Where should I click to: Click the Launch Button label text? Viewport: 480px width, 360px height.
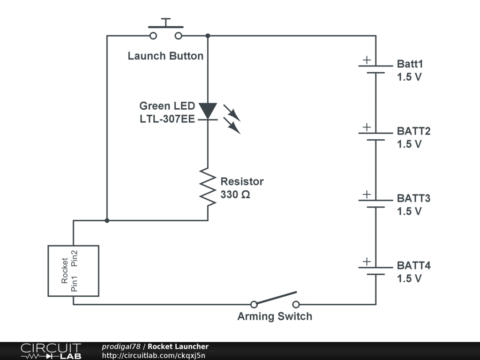pyautogui.click(x=165, y=56)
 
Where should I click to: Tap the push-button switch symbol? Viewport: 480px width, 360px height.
pyautogui.click(x=165, y=29)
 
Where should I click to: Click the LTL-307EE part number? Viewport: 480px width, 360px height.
pyautogui.click(x=167, y=119)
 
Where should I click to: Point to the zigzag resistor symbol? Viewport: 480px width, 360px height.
pyautogui.click(x=208, y=187)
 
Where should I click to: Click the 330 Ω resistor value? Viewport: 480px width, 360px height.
pyautogui.click(x=235, y=195)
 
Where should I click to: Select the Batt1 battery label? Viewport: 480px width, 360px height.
pyautogui.click(x=410, y=64)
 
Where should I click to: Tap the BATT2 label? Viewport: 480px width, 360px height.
pyautogui.click(x=413, y=131)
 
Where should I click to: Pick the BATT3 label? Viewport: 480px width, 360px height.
pyautogui.click(x=413, y=198)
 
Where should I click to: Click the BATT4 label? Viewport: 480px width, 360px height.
pyautogui.click(x=413, y=265)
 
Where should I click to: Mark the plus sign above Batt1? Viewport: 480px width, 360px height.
pyautogui.click(x=367, y=60)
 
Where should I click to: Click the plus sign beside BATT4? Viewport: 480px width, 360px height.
pyautogui.click(x=367, y=262)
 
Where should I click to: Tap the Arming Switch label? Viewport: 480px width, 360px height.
pyautogui.click(x=275, y=316)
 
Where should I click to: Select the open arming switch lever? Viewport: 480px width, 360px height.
pyautogui.click(x=275, y=298)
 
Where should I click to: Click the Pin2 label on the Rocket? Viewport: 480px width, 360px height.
pyautogui.click(x=75, y=258)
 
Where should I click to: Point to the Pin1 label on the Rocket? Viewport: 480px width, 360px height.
pyautogui.click(x=75, y=284)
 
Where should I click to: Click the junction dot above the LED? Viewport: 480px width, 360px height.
pyautogui.click(x=208, y=36)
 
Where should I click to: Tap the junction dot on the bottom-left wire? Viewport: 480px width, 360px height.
pyautogui.click(x=107, y=220)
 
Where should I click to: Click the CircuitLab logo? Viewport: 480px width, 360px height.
pyautogui.click(x=51, y=351)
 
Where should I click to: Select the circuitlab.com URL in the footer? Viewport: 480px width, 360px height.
pyautogui.click(x=153, y=355)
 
